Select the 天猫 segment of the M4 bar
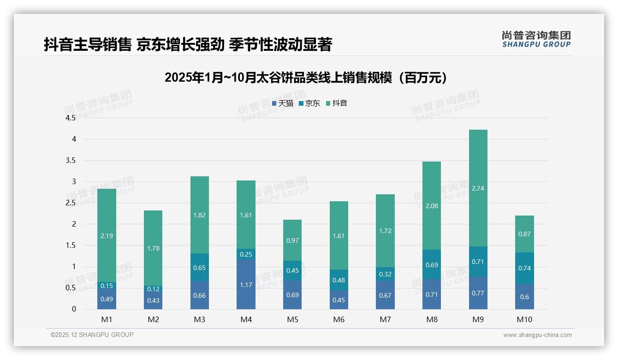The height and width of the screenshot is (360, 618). [246, 284]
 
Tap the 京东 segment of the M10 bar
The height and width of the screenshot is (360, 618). [525, 268]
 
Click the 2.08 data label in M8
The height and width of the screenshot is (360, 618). [432, 206]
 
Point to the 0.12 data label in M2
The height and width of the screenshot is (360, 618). [153, 289]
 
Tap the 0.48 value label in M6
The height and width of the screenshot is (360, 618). [339, 280]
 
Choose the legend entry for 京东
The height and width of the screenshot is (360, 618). [309, 103]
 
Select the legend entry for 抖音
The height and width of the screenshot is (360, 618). [336, 103]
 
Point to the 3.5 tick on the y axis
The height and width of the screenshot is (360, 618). [71, 161]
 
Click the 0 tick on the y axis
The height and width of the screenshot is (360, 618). [74, 309]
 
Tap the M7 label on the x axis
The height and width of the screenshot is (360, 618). [385, 319]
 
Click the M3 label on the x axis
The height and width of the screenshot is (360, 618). [200, 319]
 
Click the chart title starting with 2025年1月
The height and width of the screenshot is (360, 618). [306, 78]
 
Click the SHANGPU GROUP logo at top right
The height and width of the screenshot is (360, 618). [536, 39]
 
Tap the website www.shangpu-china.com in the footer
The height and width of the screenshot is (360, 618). [537, 335]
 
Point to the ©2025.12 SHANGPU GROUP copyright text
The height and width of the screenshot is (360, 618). [92, 335]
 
